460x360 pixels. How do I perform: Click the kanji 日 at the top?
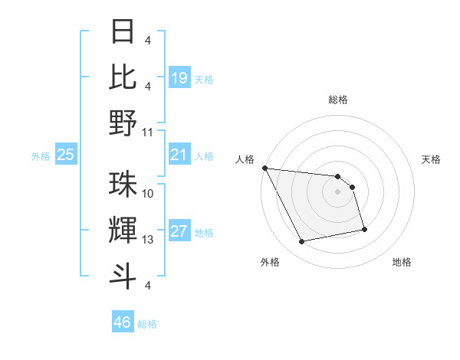pos(123,32)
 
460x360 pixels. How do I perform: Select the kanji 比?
pos(123,77)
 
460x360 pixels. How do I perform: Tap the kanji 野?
pos(123,122)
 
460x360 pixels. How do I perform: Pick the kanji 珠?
pos(123,185)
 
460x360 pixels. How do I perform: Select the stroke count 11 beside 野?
pos(149,132)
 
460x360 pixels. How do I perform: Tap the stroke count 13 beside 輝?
pos(149,240)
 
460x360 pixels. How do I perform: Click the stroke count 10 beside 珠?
pos(149,195)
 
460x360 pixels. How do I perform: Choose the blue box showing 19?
pos(179,78)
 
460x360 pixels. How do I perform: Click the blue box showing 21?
pos(179,155)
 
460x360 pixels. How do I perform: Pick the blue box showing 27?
pos(179,232)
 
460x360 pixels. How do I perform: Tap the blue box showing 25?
pos(66,155)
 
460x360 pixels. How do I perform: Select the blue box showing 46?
pos(123,322)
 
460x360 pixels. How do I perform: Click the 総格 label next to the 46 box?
pos(147,324)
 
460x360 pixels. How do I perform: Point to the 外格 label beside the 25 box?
pos(41,156)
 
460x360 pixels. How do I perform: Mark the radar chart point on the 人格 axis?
pos(264,168)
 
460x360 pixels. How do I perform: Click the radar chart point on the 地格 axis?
pos(364,229)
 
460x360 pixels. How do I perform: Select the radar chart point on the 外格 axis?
pos(302,242)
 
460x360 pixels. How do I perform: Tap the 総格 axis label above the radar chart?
pos(337,100)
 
